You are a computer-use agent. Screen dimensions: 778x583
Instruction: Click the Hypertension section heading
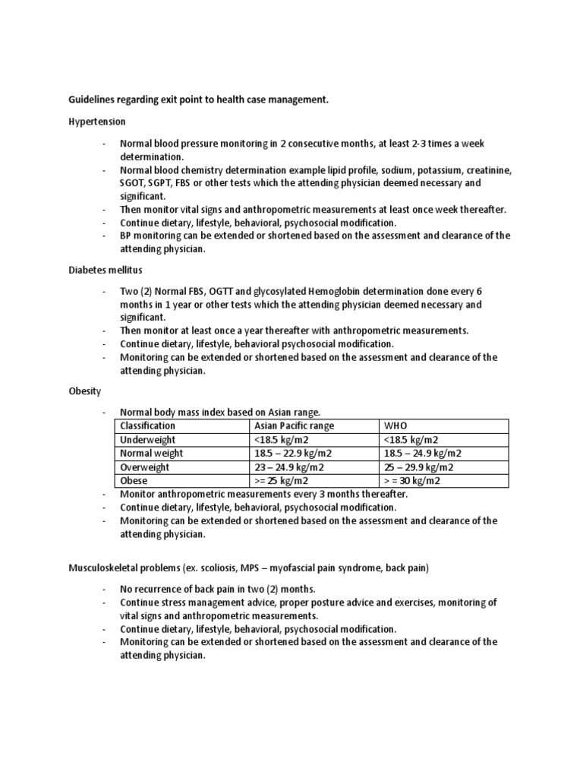pyautogui.click(x=96, y=121)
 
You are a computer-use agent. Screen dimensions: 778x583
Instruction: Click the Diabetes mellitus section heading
pyautogui.click(x=105, y=270)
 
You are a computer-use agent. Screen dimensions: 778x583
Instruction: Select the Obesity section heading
pyautogui.click(x=85, y=391)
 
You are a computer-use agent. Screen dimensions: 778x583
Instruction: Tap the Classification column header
pyautogui.click(x=147, y=425)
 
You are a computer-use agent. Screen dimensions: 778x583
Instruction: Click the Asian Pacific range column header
pyautogui.click(x=294, y=425)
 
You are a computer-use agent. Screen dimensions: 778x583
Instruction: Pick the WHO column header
pyautogui.click(x=396, y=425)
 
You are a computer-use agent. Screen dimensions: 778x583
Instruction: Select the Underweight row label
pyautogui.click(x=148, y=439)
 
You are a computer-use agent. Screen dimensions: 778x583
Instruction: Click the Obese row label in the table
pyautogui.click(x=134, y=480)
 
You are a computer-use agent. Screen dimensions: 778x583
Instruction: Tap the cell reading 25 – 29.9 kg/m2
pyautogui.click(x=419, y=466)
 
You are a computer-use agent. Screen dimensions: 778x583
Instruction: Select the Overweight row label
pyautogui.click(x=144, y=466)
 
